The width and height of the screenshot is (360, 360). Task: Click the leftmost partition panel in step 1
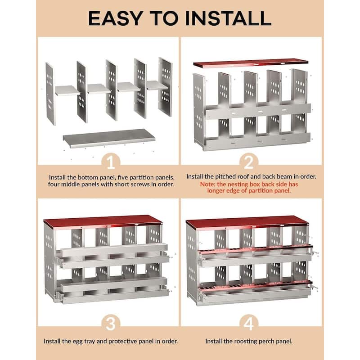tap(50, 94)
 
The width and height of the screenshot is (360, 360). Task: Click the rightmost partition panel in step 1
tap(165, 86)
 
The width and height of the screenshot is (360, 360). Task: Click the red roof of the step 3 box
tap(103, 221)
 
